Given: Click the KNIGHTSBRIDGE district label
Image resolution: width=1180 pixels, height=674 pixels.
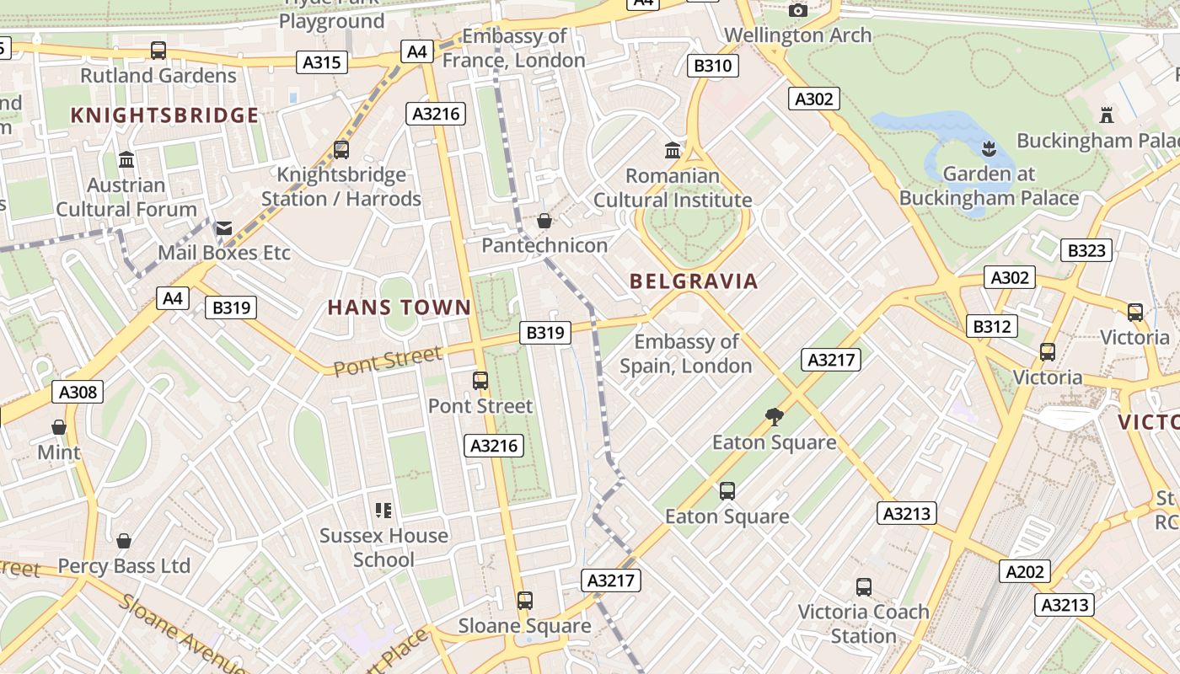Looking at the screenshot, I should point(164,115).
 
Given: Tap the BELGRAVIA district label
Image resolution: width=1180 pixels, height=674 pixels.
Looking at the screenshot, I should point(694,281).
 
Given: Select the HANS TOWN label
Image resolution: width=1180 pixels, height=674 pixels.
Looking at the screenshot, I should point(399,308).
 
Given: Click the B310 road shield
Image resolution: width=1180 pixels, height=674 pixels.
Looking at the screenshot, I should point(713,66).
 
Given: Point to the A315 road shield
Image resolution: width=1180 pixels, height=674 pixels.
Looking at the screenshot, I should point(322,62).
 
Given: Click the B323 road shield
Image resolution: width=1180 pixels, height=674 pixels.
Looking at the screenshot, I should point(1086,250).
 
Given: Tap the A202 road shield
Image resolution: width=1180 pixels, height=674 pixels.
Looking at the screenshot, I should point(1025,571).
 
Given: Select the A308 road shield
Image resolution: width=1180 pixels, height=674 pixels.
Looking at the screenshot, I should point(78,392).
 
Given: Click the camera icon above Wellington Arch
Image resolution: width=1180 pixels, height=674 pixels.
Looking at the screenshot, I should point(797,10).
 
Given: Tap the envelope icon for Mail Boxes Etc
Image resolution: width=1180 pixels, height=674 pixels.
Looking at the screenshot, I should point(223,228).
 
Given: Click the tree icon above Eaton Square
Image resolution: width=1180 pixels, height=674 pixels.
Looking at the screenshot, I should point(774,416).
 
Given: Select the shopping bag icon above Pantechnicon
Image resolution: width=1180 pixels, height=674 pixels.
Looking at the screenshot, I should point(544,221).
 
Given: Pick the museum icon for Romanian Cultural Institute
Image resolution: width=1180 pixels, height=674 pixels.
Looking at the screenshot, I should point(673,151).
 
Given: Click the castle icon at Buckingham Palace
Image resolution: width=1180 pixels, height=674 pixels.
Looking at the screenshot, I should point(1107,115).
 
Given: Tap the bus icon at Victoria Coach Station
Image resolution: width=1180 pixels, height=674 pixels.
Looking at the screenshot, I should point(863,586).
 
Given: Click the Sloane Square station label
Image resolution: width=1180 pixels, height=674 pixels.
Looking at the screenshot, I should point(524,626).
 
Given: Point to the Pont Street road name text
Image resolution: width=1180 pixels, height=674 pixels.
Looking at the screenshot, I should point(387,361).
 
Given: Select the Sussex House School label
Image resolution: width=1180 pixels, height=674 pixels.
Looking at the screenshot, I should point(383,547).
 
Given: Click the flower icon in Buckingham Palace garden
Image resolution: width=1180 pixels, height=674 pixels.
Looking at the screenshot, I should point(989,149).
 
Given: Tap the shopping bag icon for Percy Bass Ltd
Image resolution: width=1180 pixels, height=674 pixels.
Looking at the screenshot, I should point(124,541).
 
